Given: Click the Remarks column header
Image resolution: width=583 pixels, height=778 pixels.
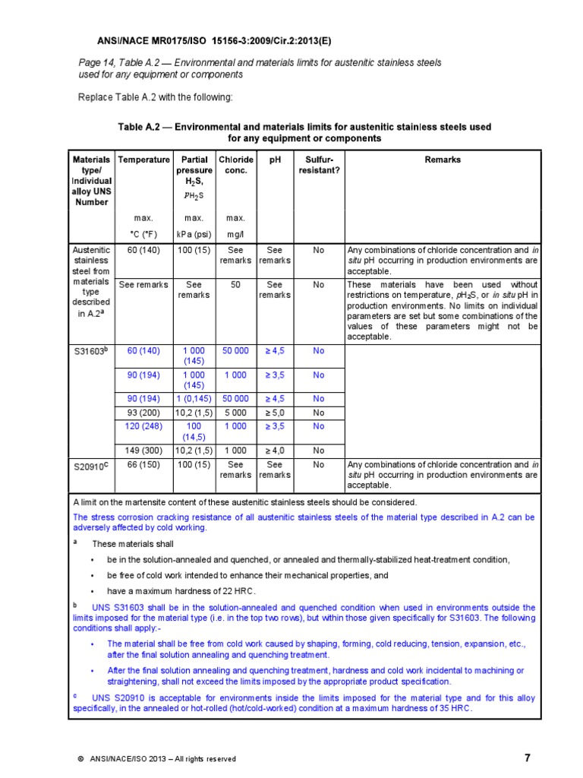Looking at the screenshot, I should (443, 160).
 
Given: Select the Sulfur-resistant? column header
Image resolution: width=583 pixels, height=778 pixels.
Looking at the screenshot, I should (319, 166).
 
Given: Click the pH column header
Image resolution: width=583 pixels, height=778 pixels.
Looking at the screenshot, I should (275, 160).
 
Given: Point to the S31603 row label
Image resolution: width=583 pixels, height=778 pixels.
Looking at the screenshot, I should (92, 352).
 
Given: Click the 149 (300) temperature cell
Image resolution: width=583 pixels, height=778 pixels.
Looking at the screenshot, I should (143, 450).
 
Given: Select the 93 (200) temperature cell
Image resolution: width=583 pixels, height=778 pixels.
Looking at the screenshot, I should (143, 413).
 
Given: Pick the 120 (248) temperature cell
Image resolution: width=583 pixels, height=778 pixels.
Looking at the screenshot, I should (143, 426).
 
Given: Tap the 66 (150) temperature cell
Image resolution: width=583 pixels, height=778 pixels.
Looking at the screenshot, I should (143, 463).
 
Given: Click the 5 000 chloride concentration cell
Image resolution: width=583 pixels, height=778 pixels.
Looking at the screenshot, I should (235, 413).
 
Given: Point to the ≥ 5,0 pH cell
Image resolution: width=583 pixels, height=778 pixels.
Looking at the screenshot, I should (275, 413).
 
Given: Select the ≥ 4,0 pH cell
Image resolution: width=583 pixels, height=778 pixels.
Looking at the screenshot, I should (275, 450).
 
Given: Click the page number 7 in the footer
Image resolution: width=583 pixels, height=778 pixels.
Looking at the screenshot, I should (528, 757).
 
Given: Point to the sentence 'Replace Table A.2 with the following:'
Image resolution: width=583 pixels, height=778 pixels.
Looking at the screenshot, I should (156, 97).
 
